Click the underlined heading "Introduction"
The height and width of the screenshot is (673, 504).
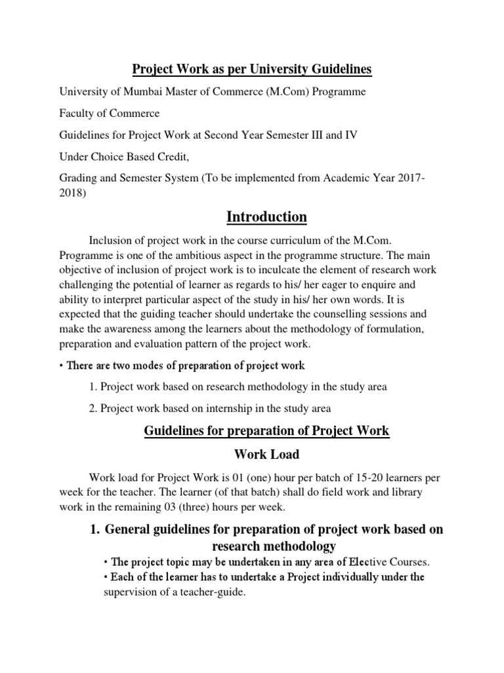266,217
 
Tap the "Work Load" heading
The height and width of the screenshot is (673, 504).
266,453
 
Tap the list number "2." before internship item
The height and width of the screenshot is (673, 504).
93,408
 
